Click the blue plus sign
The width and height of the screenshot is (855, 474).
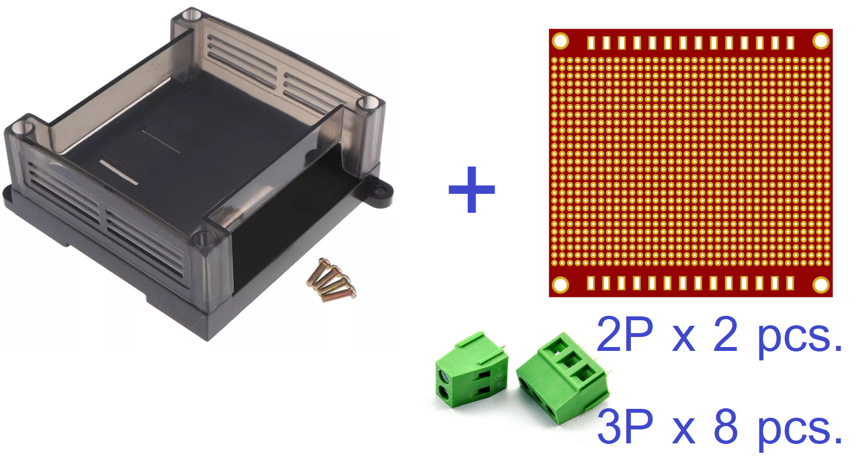472,189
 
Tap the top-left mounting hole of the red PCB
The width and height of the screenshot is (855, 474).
560,41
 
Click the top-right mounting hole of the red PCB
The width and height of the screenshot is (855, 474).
821,41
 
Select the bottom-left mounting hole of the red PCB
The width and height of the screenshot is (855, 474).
560,285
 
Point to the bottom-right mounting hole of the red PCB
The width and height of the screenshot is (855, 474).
821,285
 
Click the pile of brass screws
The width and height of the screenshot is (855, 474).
332,280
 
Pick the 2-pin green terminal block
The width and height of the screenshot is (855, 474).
471,369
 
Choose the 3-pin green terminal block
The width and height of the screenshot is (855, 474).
563,378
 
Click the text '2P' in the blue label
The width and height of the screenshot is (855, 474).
625,334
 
